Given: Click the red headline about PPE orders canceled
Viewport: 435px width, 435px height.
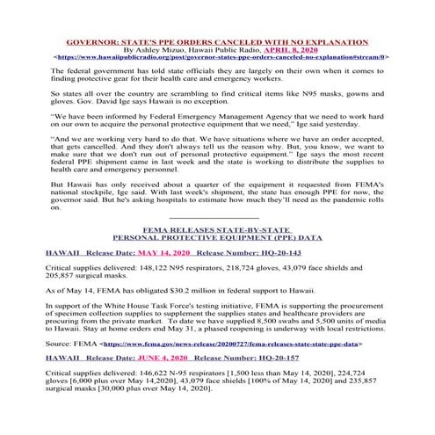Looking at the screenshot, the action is (217, 41).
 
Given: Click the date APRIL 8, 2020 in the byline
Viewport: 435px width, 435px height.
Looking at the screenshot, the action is (272, 49).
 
